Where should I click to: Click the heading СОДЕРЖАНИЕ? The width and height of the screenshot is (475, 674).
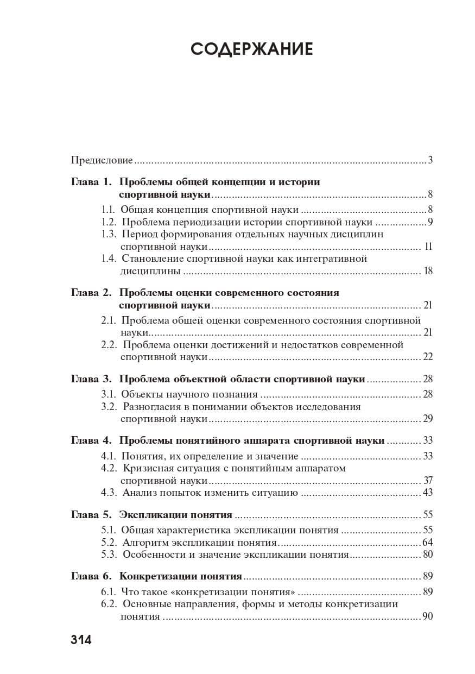(x=252, y=49)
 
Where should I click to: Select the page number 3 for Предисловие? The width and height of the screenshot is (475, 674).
(x=430, y=160)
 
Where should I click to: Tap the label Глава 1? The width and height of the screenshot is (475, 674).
(x=91, y=182)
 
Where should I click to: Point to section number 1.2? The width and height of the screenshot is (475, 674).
(x=109, y=222)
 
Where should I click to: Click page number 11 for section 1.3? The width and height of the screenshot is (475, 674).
(x=428, y=247)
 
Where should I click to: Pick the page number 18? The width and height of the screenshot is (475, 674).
(x=428, y=271)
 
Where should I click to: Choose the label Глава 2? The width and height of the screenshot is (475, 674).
(x=91, y=293)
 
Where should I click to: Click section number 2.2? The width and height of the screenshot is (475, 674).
(x=109, y=345)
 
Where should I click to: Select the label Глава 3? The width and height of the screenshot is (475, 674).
(x=91, y=379)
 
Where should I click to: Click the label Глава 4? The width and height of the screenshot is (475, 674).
(x=91, y=440)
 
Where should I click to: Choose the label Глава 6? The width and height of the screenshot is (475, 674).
(x=91, y=577)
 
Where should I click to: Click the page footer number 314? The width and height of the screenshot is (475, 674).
(x=81, y=639)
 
